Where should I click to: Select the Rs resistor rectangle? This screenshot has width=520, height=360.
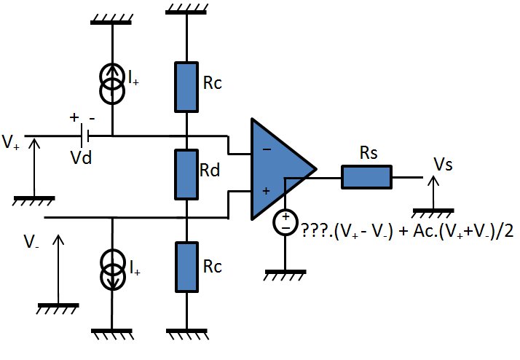(367, 177)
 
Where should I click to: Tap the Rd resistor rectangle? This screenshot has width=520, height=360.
(186, 174)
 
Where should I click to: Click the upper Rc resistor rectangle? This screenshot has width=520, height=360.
(186, 87)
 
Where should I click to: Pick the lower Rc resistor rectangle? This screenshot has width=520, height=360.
(186, 267)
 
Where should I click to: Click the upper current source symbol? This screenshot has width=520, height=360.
(112, 83)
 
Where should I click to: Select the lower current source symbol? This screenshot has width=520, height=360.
(112, 270)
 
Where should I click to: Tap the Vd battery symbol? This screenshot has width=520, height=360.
(84, 136)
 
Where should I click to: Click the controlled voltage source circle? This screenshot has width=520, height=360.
(285, 222)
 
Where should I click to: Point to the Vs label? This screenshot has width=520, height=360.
(443, 164)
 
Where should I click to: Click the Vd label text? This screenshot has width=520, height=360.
(82, 157)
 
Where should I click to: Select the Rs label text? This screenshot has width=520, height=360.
(369, 153)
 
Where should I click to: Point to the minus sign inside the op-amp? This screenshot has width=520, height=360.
(267, 149)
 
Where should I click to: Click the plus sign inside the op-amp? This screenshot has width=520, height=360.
(266, 191)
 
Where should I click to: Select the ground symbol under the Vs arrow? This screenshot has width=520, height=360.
(433, 213)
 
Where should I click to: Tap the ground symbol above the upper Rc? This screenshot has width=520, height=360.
(186, 9)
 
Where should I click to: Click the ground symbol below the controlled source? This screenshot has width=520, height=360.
(285, 275)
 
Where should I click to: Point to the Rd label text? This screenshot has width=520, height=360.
(210, 171)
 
